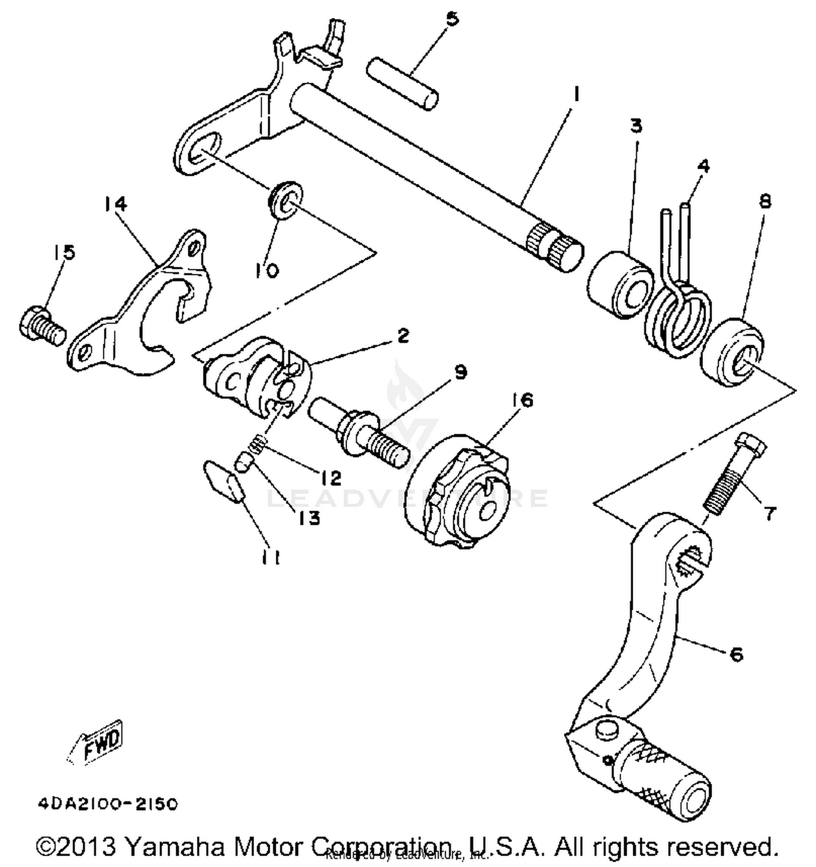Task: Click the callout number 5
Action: (x=452, y=19)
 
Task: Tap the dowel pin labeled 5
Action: (x=402, y=84)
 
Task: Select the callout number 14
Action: (x=116, y=204)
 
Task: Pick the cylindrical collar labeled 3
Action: (x=620, y=285)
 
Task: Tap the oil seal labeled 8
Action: (x=732, y=353)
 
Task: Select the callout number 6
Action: (x=735, y=654)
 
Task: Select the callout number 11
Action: (x=270, y=558)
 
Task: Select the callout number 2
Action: (x=403, y=336)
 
